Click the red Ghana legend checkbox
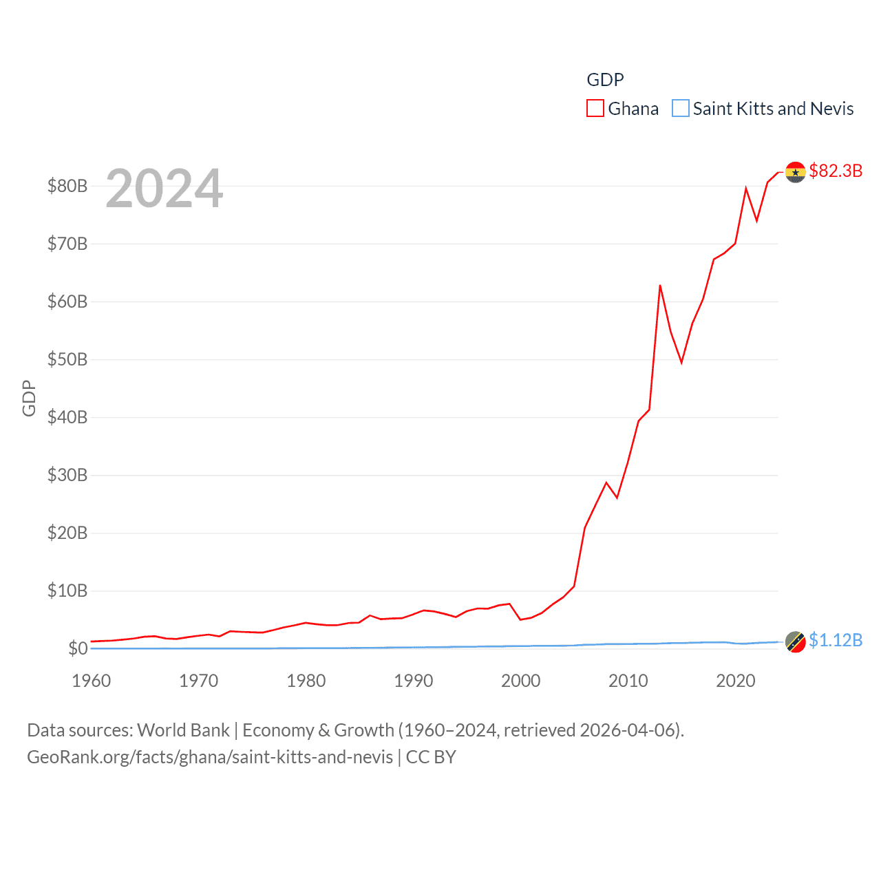click(x=595, y=109)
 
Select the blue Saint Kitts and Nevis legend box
click(x=680, y=109)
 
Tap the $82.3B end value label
click(x=836, y=171)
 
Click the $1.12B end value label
click(x=836, y=640)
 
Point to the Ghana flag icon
click(x=795, y=172)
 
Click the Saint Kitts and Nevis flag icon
click(x=795, y=641)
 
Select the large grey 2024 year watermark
click(x=164, y=189)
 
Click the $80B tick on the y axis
click(x=67, y=186)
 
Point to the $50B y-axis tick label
click(x=67, y=359)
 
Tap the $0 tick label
click(x=77, y=648)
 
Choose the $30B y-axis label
click(x=67, y=475)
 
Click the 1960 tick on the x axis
click(x=91, y=681)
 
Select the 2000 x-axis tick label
click(x=520, y=681)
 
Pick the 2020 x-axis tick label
click(x=735, y=681)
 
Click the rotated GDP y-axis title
click(x=29, y=398)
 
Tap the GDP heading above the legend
click(x=605, y=80)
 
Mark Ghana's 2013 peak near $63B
click(x=660, y=286)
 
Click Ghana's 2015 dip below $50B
click(x=681, y=362)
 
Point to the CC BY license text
click(x=431, y=757)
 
